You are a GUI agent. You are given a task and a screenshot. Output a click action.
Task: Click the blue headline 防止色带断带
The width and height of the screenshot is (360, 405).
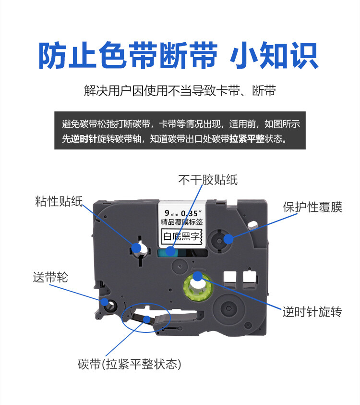click(x=127, y=56)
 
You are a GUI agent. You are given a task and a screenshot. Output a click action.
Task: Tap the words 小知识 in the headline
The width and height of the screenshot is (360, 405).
click(x=274, y=56)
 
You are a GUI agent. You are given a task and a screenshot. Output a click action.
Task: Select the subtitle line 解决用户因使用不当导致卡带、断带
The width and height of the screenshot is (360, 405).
click(x=180, y=91)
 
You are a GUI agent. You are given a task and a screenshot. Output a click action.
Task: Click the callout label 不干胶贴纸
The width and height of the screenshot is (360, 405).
click(x=208, y=180)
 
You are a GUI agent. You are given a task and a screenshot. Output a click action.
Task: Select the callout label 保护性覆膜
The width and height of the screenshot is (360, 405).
click(x=312, y=207)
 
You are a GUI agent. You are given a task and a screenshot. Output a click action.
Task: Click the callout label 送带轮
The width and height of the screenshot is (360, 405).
click(x=50, y=277)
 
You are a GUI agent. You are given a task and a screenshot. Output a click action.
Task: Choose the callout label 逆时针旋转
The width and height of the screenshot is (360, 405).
click(x=312, y=312)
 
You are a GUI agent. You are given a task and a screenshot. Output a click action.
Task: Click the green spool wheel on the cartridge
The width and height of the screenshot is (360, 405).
click(x=197, y=288)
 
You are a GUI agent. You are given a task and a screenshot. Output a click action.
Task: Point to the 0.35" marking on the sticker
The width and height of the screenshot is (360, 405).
click(x=193, y=212)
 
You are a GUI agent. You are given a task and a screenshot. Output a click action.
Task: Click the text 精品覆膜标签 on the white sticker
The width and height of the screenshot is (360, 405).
click(x=181, y=222)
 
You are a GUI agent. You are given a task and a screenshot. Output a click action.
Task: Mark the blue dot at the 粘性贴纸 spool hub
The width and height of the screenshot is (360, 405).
click(x=136, y=247)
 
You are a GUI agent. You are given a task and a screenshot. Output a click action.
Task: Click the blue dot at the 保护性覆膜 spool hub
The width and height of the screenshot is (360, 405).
click(x=228, y=237)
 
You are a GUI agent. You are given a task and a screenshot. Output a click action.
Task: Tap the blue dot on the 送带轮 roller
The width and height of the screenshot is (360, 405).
click(x=105, y=301)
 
